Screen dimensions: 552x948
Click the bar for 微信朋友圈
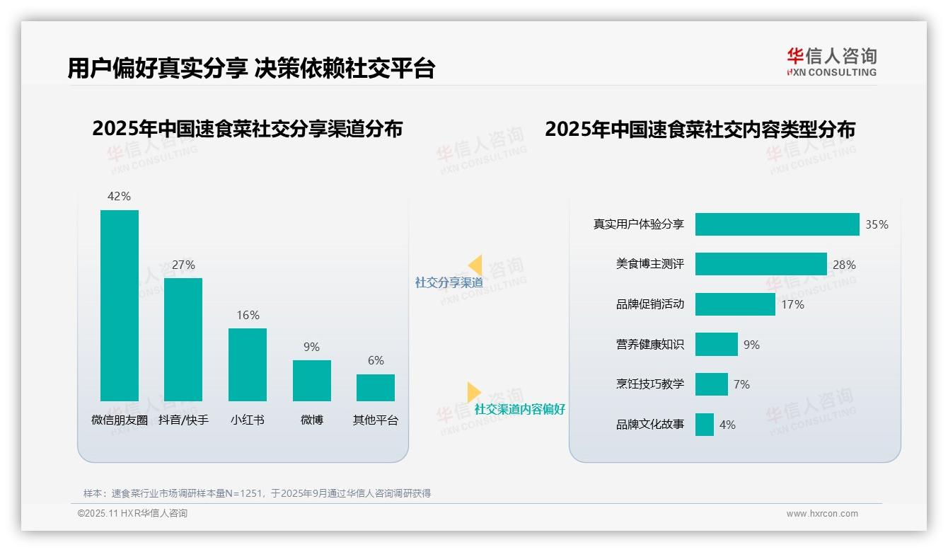(x=120, y=305)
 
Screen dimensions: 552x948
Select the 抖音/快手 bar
(x=183, y=339)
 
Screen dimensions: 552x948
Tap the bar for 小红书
(x=248, y=364)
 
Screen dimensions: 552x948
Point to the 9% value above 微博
(x=311, y=347)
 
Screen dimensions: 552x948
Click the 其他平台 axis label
(x=376, y=420)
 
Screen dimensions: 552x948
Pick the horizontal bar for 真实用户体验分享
(x=777, y=224)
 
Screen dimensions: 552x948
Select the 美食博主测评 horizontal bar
(x=761, y=264)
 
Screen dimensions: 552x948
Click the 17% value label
(x=792, y=304)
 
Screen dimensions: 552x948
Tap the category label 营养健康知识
(x=650, y=345)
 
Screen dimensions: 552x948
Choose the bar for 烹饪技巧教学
(x=711, y=384)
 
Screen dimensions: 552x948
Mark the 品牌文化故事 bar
(x=705, y=425)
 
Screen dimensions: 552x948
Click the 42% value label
(x=119, y=196)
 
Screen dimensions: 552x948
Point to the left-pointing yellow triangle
(x=475, y=265)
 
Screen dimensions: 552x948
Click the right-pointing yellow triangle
(x=473, y=392)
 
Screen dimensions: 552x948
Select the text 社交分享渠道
(x=449, y=282)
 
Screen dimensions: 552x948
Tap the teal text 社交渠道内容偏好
(x=519, y=410)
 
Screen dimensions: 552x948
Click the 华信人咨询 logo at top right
(x=831, y=62)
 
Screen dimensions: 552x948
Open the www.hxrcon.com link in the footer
(x=822, y=514)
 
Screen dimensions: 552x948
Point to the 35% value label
(x=877, y=224)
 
